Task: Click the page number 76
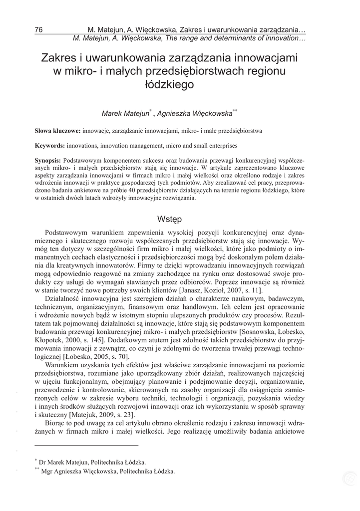38,29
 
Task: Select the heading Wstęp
169,219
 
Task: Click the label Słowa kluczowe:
57,131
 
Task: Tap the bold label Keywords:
49,146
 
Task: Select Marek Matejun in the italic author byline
125,114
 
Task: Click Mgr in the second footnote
47,471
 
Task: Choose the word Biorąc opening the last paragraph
56,423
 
